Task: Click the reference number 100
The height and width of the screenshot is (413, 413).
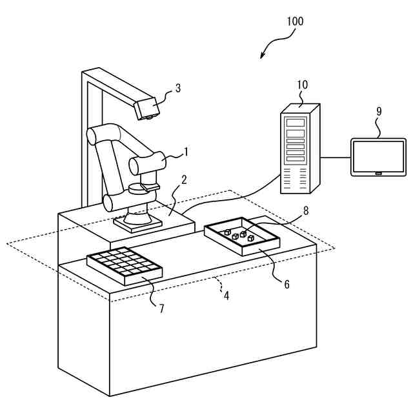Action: [x=294, y=21]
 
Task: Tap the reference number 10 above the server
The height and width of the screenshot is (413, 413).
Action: [x=303, y=85]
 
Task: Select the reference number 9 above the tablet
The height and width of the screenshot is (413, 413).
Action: [x=379, y=111]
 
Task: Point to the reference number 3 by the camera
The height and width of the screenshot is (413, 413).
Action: [x=178, y=88]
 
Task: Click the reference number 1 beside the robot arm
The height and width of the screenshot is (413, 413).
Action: [x=186, y=152]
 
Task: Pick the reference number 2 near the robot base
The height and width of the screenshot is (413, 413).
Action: [x=184, y=179]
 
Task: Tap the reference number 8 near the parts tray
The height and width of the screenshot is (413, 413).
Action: [x=306, y=210]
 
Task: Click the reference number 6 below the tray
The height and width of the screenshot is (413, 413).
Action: [x=287, y=283]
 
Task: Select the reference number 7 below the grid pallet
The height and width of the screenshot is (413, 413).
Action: [x=161, y=308]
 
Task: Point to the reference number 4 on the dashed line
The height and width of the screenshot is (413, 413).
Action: [x=226, y=296]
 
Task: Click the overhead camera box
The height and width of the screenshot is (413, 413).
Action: [x=148, y=107]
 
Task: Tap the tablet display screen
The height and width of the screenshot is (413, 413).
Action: [x=378, y=155]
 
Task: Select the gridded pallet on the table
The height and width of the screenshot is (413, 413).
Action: [x=124, y=265]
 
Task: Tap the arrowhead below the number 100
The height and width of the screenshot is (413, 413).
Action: [x=263, y=57]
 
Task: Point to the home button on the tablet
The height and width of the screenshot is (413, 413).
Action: [x=378, y=172]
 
